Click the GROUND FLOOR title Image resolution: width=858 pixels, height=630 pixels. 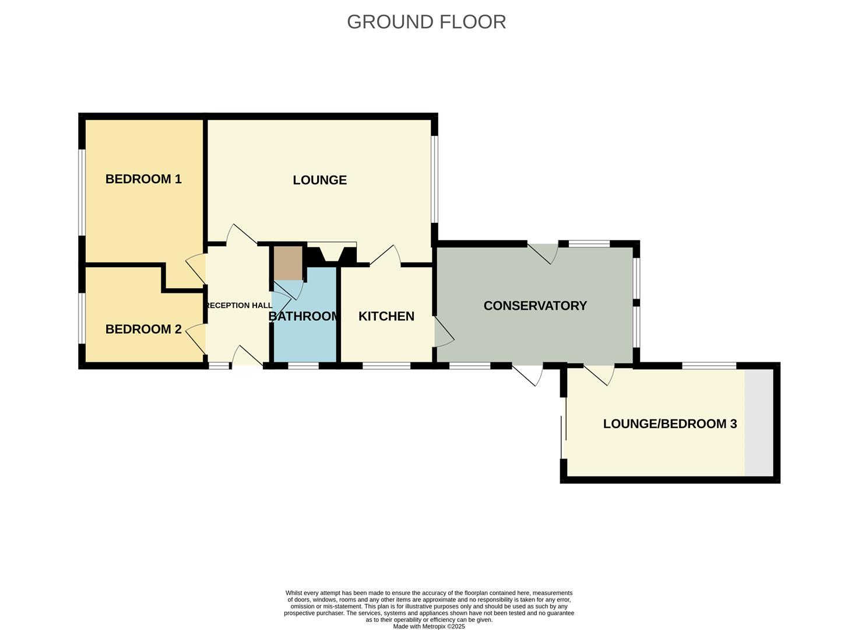point(426,22)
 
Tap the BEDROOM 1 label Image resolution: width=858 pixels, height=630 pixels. point(143,179)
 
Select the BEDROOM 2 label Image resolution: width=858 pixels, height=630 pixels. point(143,329)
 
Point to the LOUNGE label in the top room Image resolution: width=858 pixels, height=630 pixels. point(319,180)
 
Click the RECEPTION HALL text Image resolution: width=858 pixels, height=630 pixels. point(238,306)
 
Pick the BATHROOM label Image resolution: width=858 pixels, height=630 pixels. point(304,316)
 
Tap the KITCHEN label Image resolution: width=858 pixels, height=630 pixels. point(386,316)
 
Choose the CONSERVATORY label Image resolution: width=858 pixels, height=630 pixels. point(535,306)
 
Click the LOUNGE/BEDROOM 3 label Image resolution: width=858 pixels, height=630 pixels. point(670,423)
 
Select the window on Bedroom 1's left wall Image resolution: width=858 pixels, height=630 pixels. point(82,192)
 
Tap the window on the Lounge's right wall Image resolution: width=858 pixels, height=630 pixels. point(434,179)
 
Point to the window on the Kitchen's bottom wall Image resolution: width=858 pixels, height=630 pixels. point(386,366)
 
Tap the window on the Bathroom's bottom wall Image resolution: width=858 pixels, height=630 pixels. point(303,366)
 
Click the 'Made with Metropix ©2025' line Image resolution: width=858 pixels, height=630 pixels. point(429,626)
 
